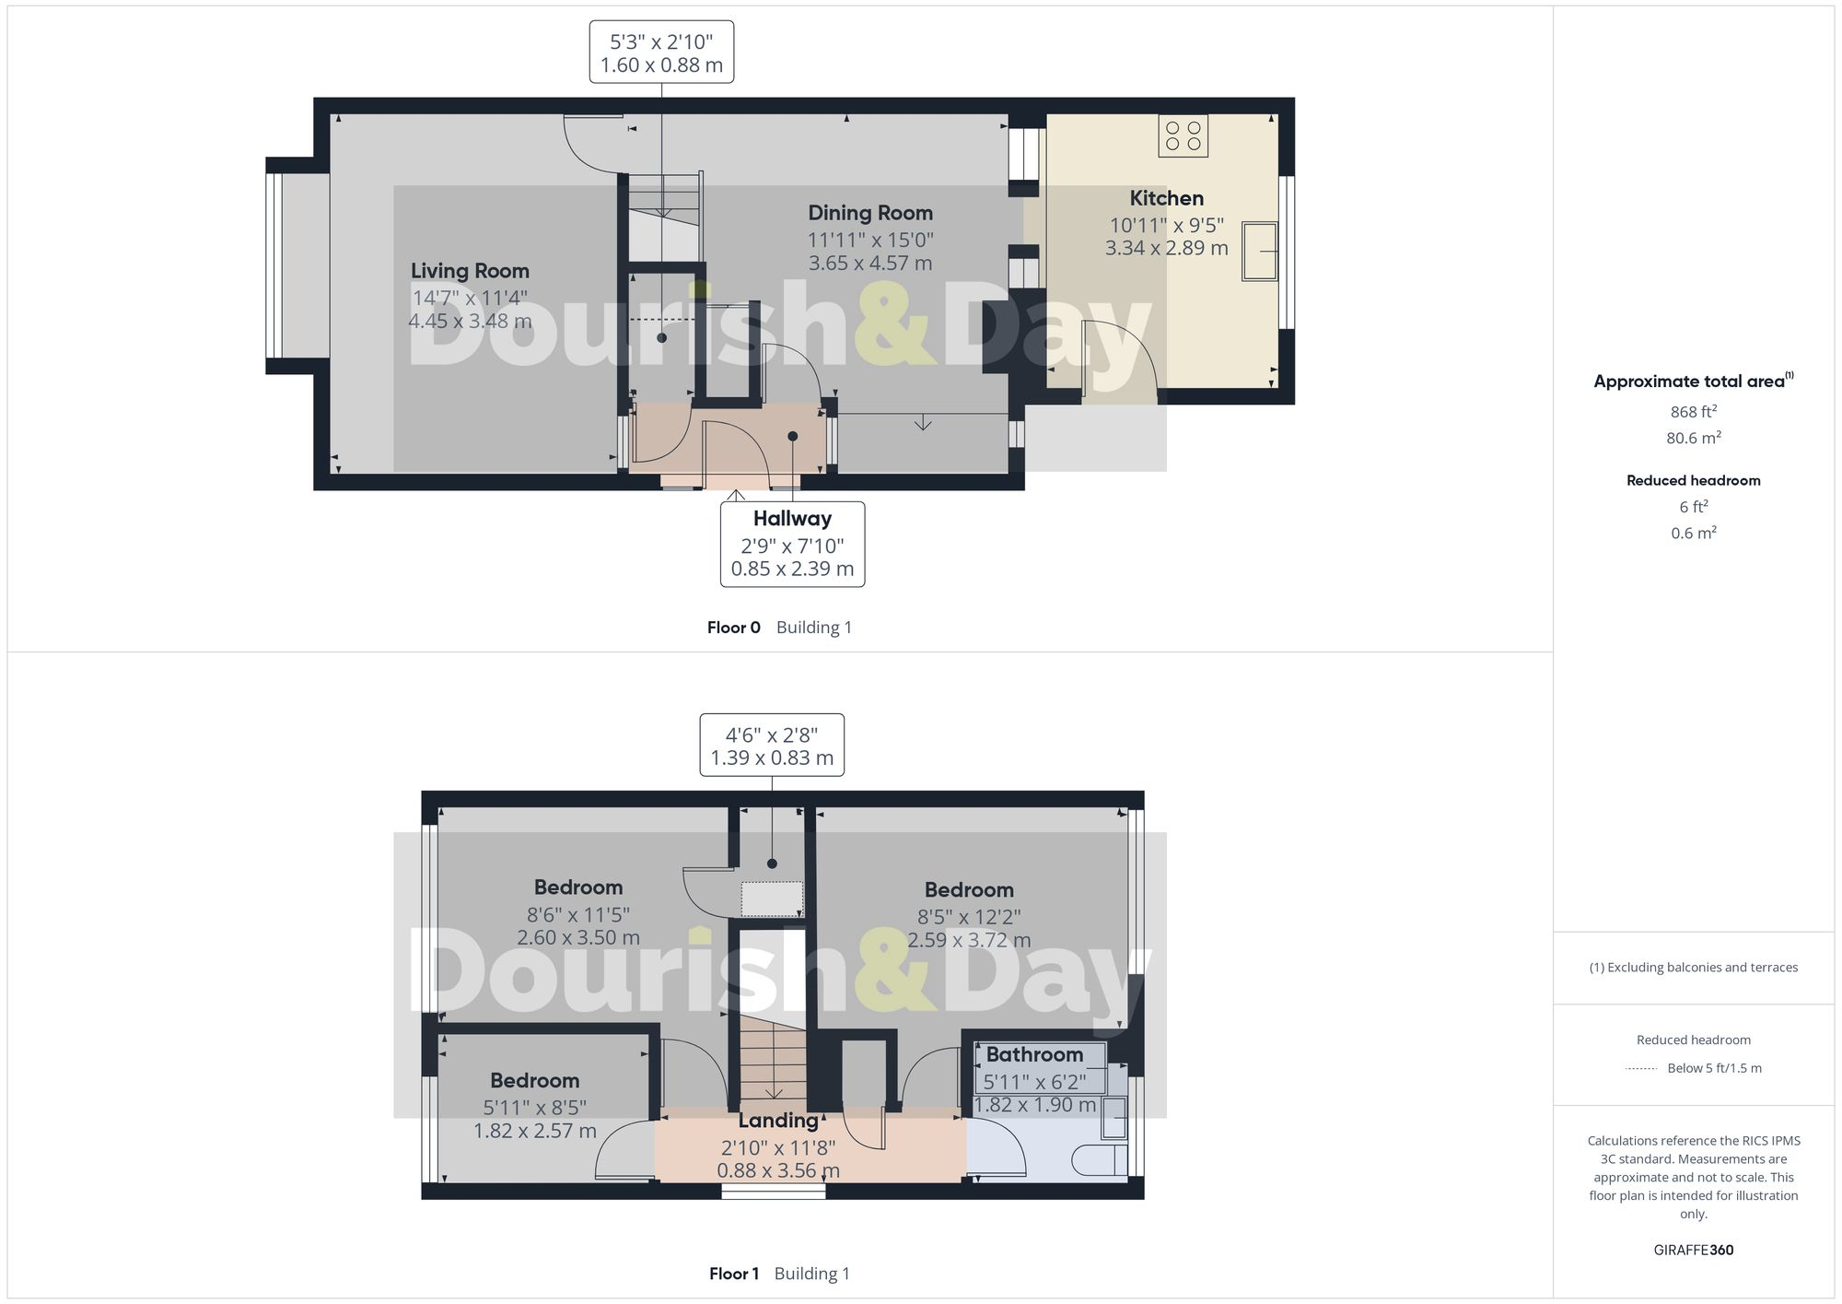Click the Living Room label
point(470,271)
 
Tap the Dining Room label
point(870,213)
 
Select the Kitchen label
point(1166,198)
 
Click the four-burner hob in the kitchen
point(1183,135)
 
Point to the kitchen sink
point(1259,250)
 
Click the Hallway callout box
point(792,544)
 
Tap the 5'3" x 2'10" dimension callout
point(661,53)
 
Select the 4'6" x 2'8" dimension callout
point(772,746)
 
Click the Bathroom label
point(1034,1054)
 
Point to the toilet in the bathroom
point(1100,1160)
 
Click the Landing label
point(778,1121)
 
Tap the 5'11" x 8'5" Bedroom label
point(534,1081)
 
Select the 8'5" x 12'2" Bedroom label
point(969,890)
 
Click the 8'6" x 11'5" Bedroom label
point(578,887)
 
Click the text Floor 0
point(733,628)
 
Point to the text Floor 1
point(733,1274)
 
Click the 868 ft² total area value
point(1693,412)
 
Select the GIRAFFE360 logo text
point(1693,1250)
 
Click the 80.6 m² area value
point(1693,438)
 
